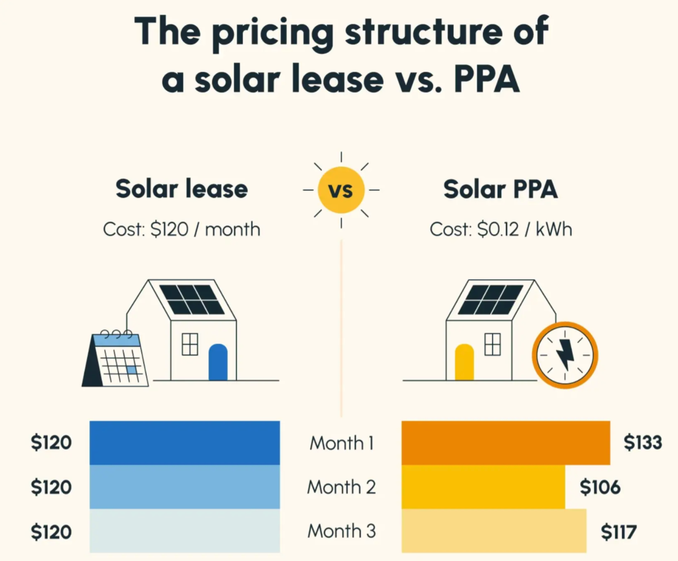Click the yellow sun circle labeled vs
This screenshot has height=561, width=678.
click(341, 190)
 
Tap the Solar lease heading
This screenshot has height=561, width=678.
click(181, 189)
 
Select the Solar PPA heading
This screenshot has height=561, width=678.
click(500, 189)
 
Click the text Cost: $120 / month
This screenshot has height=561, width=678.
click(181, 229)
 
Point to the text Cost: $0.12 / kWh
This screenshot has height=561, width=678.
click(501, 229)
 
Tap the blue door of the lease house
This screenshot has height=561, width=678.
click(218, 362)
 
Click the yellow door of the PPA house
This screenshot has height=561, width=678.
click(464, 362)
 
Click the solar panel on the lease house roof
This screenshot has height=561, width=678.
click(192, 299)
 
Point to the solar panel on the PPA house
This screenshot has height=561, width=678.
click(490, 299)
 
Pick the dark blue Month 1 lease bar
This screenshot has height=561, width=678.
click(184, 442)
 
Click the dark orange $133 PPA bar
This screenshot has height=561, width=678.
click(505, 442)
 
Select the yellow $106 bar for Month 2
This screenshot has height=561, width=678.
click(483, 486)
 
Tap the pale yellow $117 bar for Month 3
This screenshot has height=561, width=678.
click(493, 530)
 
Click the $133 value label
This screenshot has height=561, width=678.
click(642, 443)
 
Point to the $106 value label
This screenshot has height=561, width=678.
click(600, 487)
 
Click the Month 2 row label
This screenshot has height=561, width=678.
click(341, 487)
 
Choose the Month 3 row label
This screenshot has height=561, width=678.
click(341, 531)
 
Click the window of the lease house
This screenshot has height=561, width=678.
click(190, 344)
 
